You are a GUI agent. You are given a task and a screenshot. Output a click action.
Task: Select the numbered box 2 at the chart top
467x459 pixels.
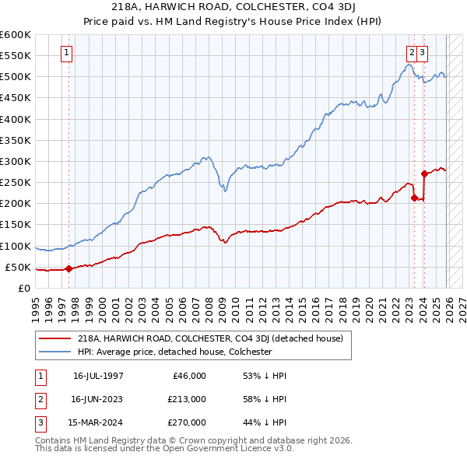tap(410, 53)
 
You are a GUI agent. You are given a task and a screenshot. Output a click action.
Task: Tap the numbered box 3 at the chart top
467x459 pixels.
tap(422, 53)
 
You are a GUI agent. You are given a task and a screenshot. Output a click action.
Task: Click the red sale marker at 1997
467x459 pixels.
tap(68, 269)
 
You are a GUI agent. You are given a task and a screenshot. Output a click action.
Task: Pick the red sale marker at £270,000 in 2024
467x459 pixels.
tap(424, 174)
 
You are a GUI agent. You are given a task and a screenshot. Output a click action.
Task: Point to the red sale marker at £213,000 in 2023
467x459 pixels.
tap(414, 198)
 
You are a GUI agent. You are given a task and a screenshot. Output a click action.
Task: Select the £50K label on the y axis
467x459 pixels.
tap(19, 268)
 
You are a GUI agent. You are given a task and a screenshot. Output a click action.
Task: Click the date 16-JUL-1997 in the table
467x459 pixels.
tap(98, 375)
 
